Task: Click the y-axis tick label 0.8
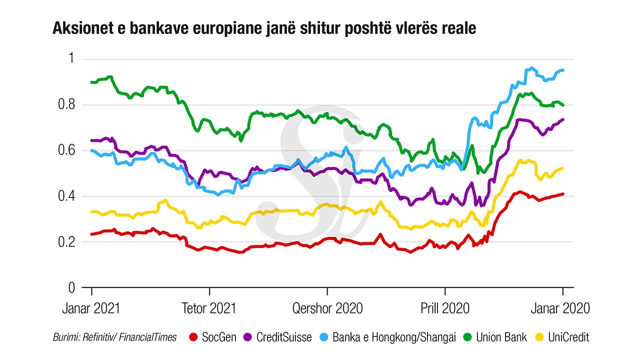66,105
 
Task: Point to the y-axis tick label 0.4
66,196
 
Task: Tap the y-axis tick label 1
70,59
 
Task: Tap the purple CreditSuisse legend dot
248,337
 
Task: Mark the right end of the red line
563,194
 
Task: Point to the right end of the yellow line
563,168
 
